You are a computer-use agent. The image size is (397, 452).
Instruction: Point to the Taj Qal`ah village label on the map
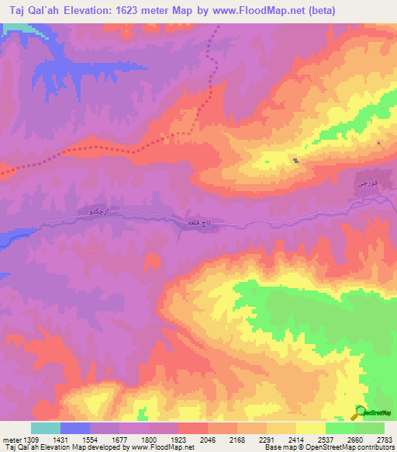tap(192, 223)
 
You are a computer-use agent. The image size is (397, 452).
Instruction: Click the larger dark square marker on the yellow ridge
tap(296, 161)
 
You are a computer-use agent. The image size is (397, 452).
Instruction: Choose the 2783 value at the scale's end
tap(383, 439)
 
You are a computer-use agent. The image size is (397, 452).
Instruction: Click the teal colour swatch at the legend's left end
tap(45, 428)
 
